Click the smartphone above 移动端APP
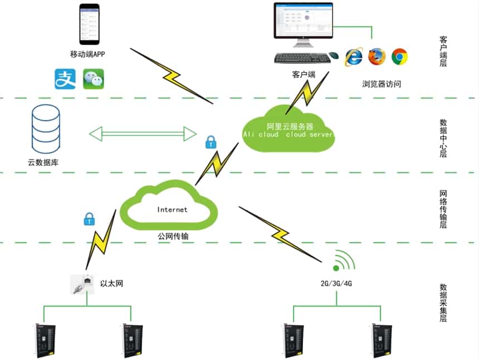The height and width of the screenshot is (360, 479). (89, 25)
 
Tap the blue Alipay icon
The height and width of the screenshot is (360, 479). (64, 79)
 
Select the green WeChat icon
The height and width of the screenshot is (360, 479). (93, 79)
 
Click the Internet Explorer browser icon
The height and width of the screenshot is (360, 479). (354, 57)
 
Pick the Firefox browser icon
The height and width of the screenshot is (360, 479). (377, 56)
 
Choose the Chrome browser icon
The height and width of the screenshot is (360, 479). (399, 56)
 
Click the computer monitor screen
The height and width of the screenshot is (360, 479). (303, 21)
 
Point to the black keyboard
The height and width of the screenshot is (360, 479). (300, 57)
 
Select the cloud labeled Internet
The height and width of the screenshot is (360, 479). (169, 207)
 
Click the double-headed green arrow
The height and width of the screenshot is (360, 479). (143, 134)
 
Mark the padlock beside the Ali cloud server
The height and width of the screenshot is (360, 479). (211, 142)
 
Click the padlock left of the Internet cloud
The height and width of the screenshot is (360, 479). (89, 219)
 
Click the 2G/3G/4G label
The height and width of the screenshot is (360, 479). (336, 284)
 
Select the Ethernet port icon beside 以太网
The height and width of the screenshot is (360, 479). (79, 284)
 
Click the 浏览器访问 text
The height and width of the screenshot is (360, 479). (382, 84)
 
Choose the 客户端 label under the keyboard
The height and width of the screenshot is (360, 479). (304, 74)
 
